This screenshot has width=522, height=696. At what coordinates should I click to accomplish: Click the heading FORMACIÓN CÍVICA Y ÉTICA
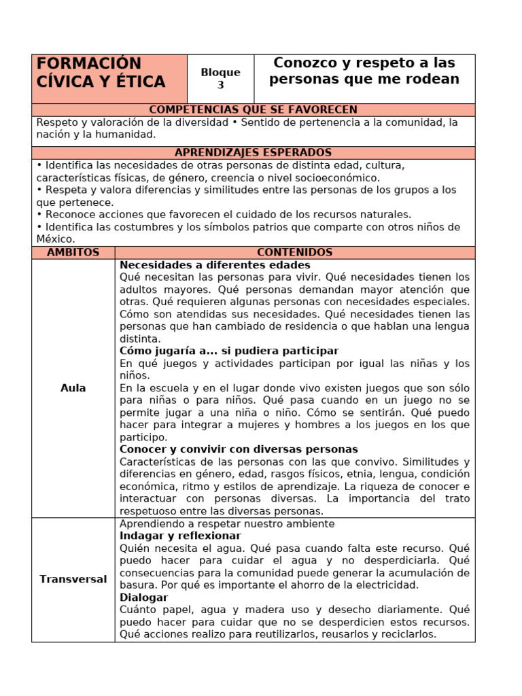(x=101, y=73)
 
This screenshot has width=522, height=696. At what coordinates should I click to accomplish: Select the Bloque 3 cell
(x=220, y=79)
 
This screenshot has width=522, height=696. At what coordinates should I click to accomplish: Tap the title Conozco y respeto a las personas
(x=364, y=71)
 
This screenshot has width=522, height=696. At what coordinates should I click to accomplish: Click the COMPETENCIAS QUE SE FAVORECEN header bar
(x=253, y=109)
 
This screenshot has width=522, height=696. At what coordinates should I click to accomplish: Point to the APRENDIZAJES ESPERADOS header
(x=253, y=153)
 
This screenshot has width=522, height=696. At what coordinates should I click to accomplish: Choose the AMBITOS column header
(x=73, y=252)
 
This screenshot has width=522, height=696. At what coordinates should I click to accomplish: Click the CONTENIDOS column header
(x=294, y=252)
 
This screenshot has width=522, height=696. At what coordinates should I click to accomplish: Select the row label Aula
(x=73, y=387)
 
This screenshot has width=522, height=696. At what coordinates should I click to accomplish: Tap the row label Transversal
(x=73, y=579)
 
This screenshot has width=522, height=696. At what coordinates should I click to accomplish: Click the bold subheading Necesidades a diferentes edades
(x=215, y=265)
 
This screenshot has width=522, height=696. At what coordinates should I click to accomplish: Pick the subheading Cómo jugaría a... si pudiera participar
(x=229, y=351)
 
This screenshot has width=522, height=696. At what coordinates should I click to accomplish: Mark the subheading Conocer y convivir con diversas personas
(x=239, y=449)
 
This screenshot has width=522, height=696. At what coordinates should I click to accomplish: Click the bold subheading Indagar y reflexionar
(x=180, y=536)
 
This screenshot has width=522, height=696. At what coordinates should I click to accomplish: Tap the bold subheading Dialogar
(x=143, y=597)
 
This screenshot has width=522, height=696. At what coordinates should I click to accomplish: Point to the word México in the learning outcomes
(x=54, y=239)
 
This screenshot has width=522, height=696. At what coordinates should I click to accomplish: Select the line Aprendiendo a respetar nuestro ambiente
(x=227, y=523)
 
